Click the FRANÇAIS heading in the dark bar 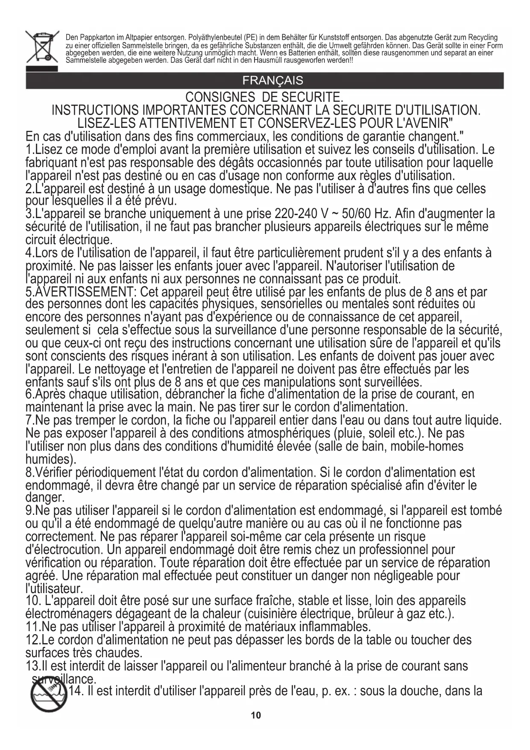click(272, 80)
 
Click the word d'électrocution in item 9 click(64, 550)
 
